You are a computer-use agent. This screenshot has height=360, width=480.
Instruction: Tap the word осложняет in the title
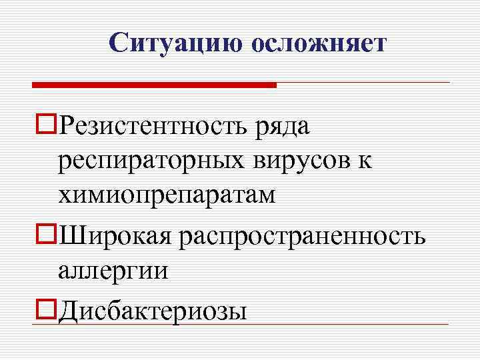[x=319, y=43]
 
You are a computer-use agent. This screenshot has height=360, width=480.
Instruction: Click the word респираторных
[x=157, y=162]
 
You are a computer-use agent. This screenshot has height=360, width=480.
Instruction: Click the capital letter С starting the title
[x=118, y=43]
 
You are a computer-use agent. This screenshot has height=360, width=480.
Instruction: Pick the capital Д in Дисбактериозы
[x=67, y=311]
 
